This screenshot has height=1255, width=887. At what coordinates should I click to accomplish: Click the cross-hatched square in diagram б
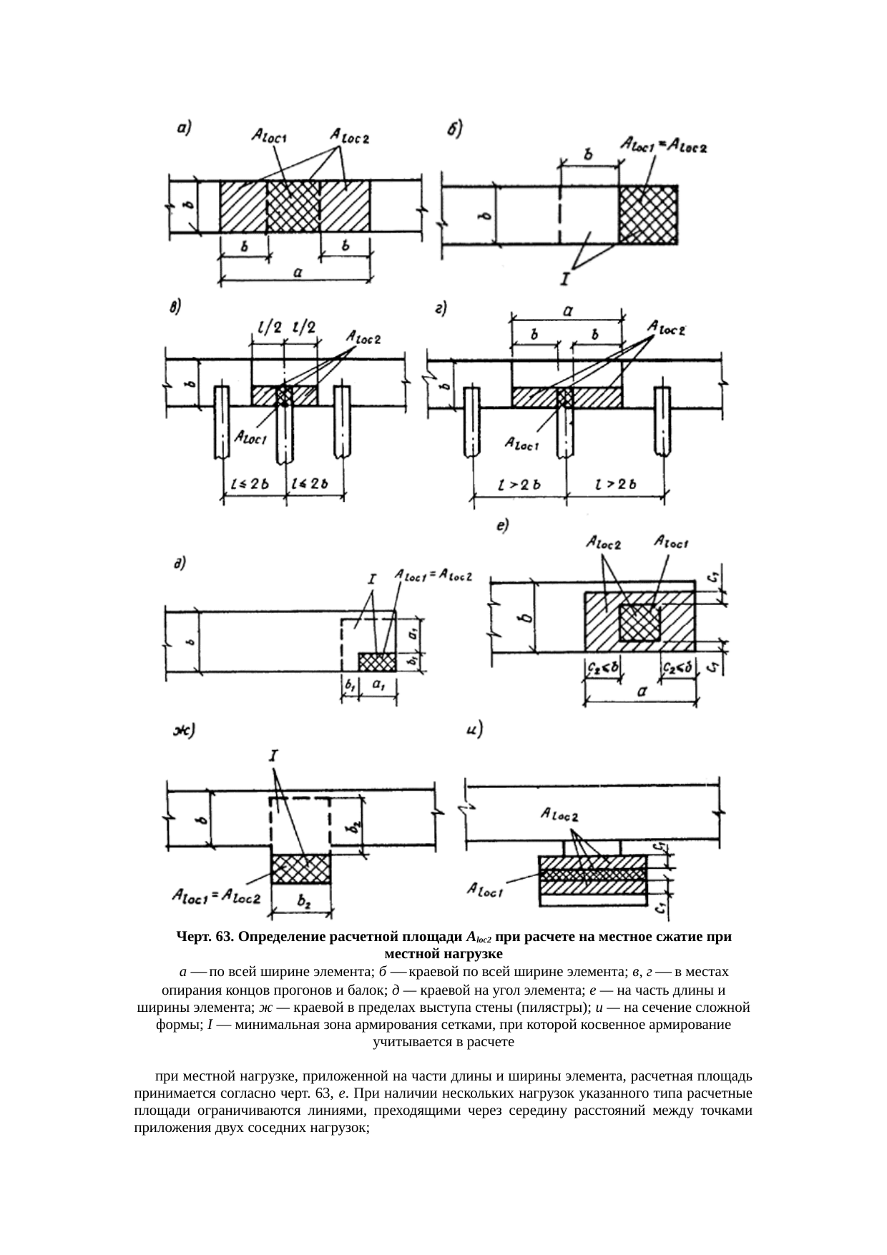648,214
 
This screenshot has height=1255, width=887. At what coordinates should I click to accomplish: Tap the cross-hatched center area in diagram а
293,205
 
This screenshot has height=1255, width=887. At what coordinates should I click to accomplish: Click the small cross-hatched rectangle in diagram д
376,661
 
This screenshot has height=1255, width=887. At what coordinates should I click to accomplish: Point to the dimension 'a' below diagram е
642,692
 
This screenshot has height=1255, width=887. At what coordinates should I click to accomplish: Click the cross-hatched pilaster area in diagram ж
300,868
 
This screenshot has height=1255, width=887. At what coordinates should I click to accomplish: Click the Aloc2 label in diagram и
560,815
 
